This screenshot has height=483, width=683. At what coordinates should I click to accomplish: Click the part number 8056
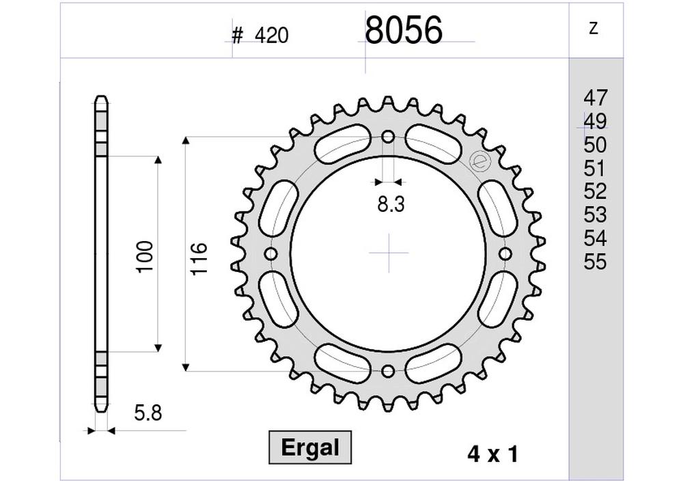click(404, 31)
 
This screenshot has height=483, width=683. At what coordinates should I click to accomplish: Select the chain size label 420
click(272, 36)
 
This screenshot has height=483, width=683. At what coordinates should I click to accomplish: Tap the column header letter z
click(594, 28)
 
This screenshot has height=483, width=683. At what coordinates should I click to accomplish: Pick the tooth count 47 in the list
click(595, 98)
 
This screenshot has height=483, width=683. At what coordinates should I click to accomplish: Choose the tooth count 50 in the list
click(595, 145)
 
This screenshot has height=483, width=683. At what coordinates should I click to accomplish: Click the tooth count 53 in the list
click(595, 215)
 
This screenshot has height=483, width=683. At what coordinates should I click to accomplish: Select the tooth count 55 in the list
click(595, 262)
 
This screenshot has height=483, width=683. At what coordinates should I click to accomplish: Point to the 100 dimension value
click(145, 256)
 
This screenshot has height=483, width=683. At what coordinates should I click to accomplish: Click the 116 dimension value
click(199, 258)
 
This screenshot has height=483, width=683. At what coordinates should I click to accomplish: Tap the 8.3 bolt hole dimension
click(389, 204)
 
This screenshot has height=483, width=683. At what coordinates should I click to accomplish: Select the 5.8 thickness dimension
click(147, 413)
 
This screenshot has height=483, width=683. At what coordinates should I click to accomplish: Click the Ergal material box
click(310, 448)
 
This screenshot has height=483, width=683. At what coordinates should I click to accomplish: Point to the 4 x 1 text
click(492, 454)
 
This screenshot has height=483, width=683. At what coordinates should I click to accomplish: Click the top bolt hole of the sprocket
click(389, 137)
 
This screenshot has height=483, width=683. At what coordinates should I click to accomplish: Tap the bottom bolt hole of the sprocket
click(389, 371)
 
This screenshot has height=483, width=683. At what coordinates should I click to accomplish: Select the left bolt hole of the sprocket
click(271, 255)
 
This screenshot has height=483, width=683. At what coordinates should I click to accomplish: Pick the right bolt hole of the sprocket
click(505, 254)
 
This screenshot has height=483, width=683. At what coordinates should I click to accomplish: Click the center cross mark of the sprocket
click(389, 253)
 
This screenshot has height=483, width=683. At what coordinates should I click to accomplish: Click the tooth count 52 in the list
click(595, 192)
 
